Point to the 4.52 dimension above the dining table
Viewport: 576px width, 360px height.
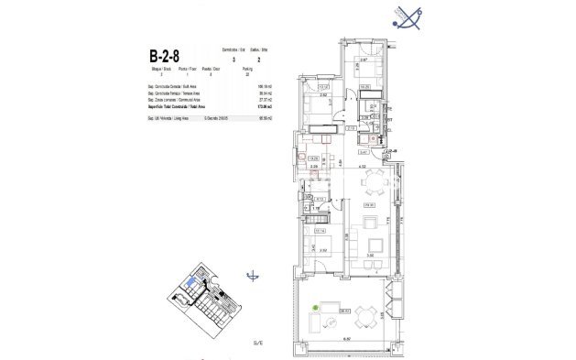[363, 166]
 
